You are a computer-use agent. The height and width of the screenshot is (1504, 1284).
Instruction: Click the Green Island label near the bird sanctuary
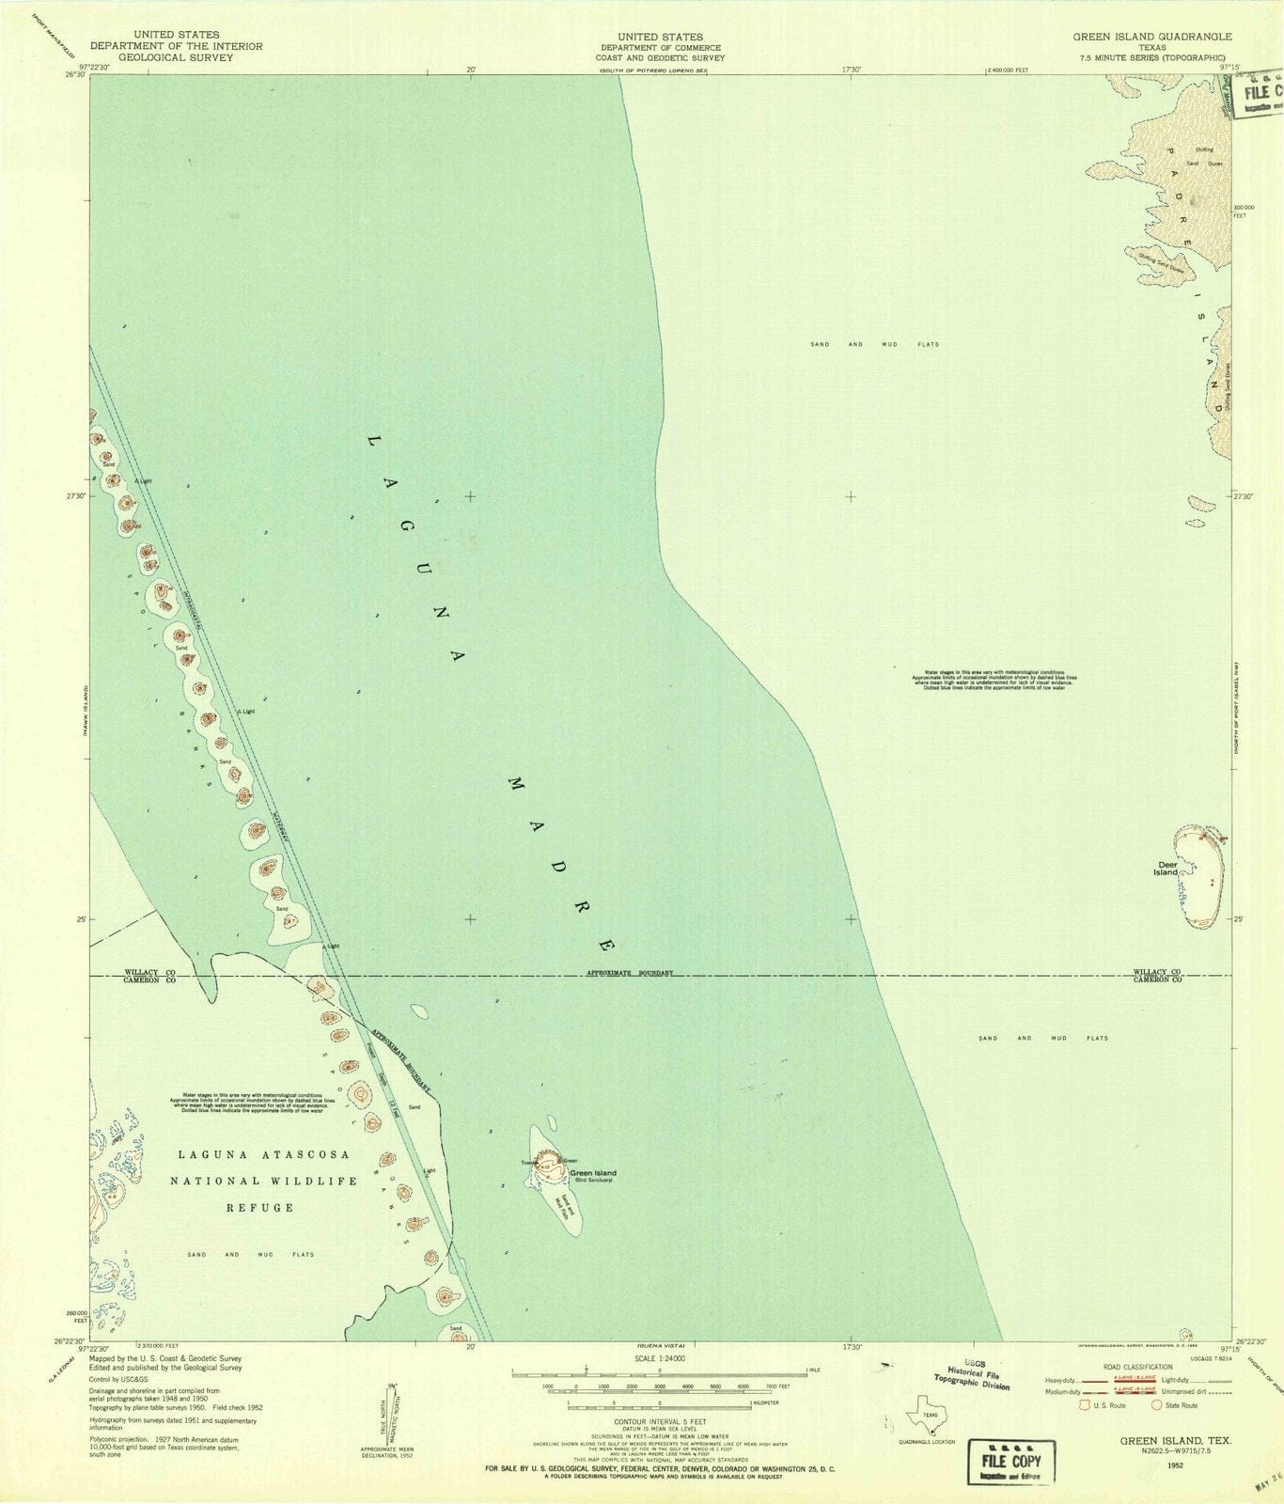click(x=593, y=1172)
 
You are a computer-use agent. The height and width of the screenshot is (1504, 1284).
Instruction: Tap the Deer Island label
click(x=1167, y=869)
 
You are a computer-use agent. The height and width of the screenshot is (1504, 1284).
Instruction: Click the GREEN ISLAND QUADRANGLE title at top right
click(x=1152, y=36)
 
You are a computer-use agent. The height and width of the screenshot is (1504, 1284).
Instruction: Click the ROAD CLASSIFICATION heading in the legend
click(x=1137, y=1367)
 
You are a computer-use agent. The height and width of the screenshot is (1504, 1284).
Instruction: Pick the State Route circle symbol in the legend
click(x=1157, y=1405)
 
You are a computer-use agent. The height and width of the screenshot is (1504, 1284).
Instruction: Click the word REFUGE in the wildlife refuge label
click(x=259, y=1207)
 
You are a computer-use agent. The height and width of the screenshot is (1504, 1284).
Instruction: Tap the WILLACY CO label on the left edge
click(x=150, y=972)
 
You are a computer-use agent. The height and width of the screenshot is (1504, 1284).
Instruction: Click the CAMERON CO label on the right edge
click(x=1157, y=979)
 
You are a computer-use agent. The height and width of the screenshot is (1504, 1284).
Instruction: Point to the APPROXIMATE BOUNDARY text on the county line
click(x=630, y=973)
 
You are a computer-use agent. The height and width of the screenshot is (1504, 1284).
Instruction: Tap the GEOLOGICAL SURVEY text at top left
click(x=176, y=57)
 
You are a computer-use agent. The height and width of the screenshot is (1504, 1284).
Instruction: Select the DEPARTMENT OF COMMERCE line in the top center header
click(x=661, y=47)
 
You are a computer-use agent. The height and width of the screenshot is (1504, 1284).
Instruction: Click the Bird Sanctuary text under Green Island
click(x=593, y=1181)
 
